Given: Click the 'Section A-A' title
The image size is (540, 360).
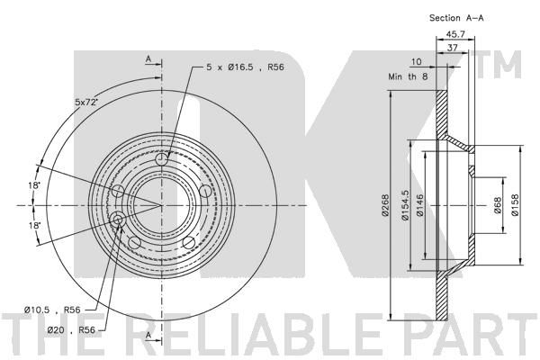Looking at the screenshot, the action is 456,18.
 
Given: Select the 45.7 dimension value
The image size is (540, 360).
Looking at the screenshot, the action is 455,34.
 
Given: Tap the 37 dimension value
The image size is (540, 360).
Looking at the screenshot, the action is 453,48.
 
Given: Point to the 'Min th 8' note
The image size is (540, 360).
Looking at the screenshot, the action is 408,76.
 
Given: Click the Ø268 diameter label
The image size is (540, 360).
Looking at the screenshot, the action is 385,205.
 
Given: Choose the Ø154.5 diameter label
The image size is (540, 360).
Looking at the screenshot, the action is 405,205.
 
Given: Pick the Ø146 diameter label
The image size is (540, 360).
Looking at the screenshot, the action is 419,205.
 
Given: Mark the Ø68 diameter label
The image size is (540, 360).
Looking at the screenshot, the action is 498,205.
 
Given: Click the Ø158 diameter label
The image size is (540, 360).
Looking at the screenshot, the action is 515,205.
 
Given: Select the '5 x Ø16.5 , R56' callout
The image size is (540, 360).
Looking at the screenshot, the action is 245,67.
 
